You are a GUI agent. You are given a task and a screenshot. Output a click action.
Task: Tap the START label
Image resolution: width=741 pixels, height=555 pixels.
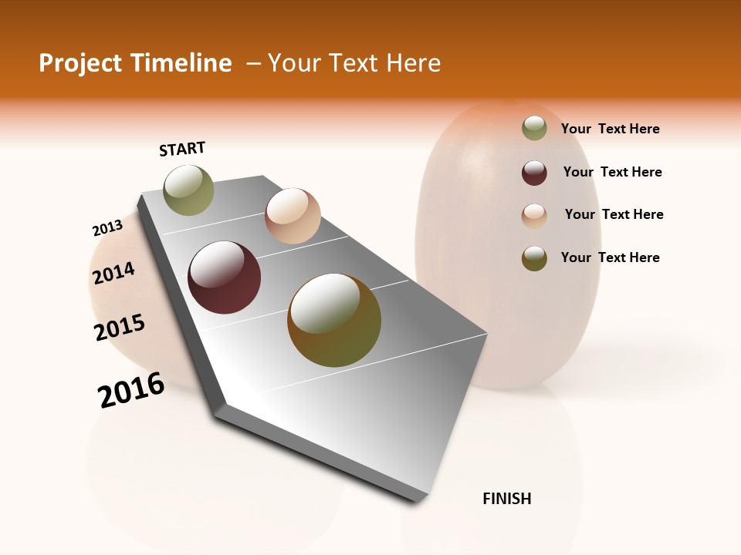(x=182, y=149)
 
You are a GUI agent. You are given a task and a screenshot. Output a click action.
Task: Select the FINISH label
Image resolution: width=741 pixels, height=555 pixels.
(x=506, y=499)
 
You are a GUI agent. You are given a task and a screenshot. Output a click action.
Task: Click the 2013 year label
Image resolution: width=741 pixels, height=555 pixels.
(x=107, y=228)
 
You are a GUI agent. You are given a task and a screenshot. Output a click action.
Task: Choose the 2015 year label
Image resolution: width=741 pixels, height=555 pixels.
(x=120, y=328)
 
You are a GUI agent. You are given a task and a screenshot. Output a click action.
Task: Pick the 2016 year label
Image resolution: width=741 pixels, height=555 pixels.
(x=131, y=390)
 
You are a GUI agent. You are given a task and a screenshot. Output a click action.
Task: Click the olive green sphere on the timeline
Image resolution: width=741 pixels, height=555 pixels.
(x=188, y=190)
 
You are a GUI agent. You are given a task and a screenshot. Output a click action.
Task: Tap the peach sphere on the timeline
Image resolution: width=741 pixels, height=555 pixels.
(x=293, y=216)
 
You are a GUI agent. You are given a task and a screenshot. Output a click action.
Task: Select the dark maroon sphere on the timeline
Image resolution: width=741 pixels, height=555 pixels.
(x=225, y=277)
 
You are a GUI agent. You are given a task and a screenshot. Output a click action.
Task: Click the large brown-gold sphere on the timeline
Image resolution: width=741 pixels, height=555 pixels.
(x=334, y=320)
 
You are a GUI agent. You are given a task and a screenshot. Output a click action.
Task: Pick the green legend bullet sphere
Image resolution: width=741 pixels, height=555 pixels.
(x=534, y=128)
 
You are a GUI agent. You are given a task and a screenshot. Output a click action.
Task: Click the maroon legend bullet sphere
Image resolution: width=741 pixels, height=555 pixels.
(x=534, y=173)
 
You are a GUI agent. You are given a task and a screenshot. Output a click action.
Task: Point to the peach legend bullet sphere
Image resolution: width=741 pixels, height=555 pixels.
(x=534, y=216)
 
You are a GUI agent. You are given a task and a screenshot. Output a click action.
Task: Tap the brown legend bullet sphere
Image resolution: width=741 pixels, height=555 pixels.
(x=534, y=258)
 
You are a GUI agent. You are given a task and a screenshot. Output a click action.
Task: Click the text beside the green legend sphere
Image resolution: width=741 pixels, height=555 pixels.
(x=610, y=129)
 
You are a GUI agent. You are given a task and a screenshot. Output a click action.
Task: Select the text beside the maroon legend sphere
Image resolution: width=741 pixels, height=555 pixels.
(x=612, y=172)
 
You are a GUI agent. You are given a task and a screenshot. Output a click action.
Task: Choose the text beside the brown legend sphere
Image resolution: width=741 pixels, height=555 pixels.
(x=610, y=257)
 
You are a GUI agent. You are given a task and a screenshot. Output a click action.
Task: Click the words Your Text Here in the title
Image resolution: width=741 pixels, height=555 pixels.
(x=354, y=63)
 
